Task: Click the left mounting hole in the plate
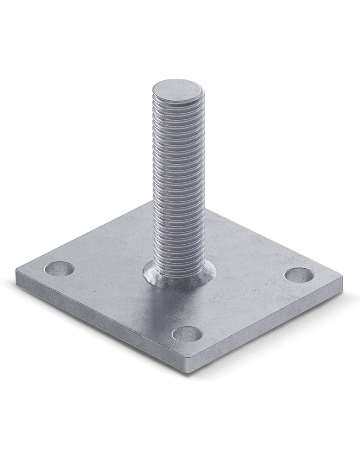click(60, 269)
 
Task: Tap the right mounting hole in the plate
click(299, 275)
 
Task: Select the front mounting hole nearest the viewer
click(187, 334)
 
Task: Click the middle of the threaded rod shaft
click(178, 185)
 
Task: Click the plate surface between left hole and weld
click(105, 275)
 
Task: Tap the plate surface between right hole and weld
click(251, 277)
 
